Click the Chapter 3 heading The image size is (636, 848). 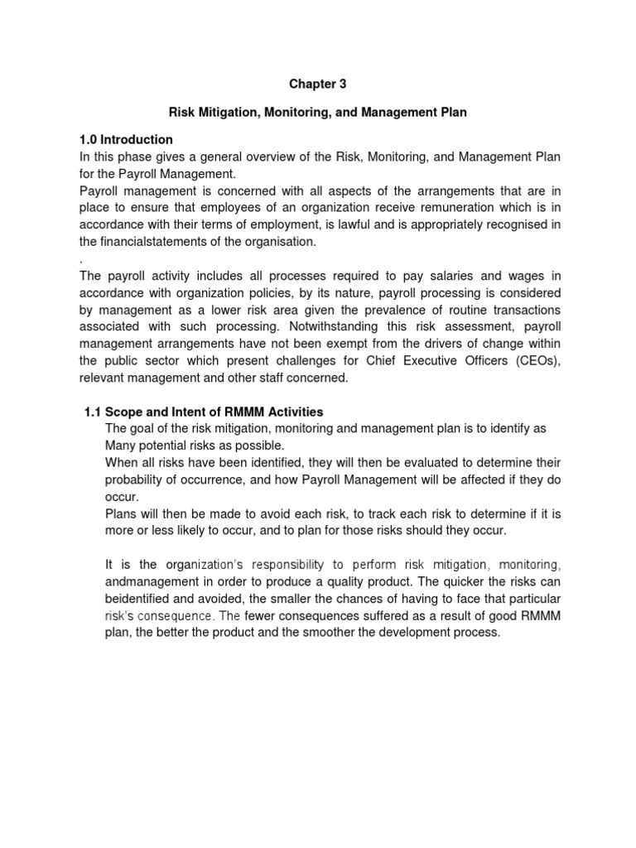[318, 84]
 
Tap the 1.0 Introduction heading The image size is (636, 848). [126, 139]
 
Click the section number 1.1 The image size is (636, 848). [94, 412]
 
